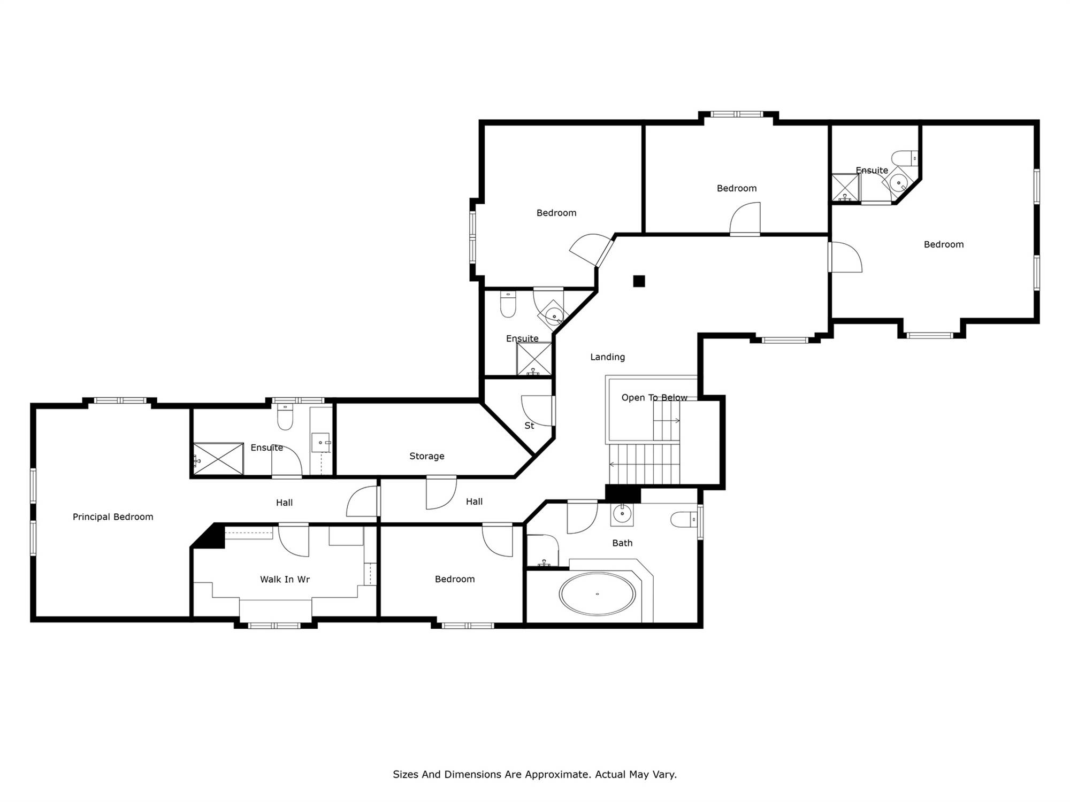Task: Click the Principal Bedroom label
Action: coord(113,516)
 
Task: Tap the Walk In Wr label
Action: coord(285,579)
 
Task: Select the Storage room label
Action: coord(426,456)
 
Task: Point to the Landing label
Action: coord(607,357)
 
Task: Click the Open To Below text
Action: coord(654,397)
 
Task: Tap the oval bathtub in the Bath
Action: coord(597,594)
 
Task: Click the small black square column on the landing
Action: coord(639,281)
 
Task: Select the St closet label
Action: coord(529,426)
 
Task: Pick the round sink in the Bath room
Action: coord(622,514)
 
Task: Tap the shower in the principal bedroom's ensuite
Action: coord(218,458)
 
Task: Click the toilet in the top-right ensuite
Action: coord(905,158)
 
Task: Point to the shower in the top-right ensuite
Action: coord(845,188)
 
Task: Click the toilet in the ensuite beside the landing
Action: coord(508,305)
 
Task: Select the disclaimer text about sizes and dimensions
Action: coord(534,774)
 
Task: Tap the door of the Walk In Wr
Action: coord(294,541)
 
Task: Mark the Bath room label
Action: coord(622,543)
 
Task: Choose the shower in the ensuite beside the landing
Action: coord(534,359)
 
